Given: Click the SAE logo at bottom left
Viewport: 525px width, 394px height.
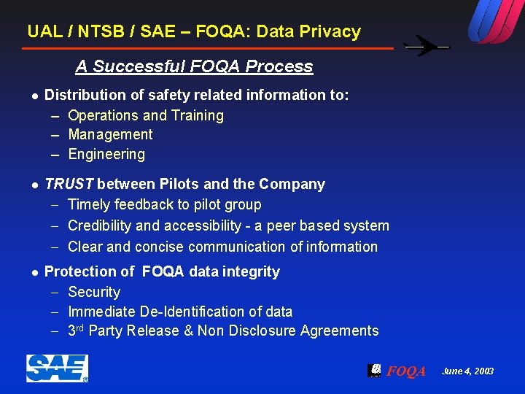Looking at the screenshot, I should pos(57,368).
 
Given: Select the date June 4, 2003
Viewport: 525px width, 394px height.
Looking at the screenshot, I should pos(467,371).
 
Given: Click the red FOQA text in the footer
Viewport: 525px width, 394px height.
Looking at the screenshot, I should pos(406,371).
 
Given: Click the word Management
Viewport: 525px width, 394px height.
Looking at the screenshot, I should pos(110,134).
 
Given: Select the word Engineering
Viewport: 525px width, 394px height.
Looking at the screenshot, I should pos(106,154).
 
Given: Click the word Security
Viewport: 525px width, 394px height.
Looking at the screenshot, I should pos(94,292).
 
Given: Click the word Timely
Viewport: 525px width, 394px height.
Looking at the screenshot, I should pos(88,205).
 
